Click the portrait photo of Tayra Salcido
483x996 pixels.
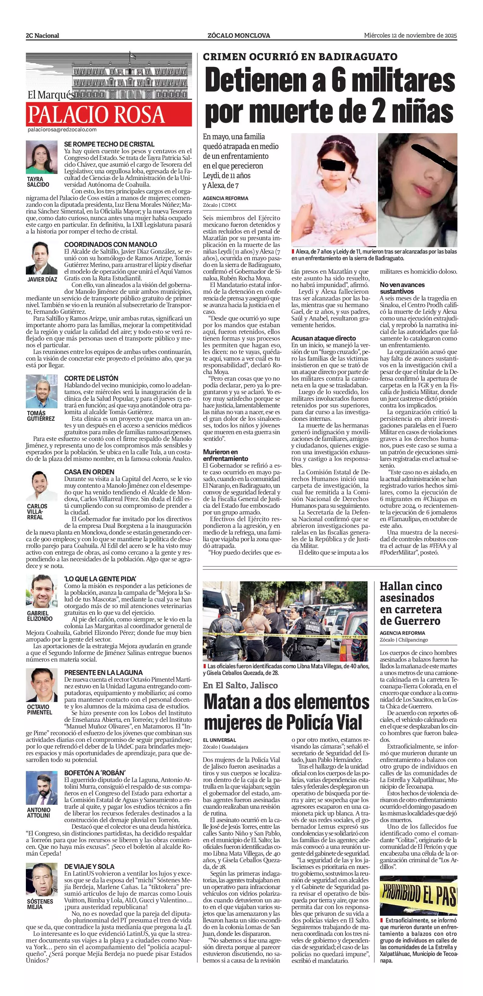point(41,157)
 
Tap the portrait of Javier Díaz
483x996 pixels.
point(41,258)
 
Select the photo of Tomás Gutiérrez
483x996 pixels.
point(41,391)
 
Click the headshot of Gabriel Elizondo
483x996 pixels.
point(41,592)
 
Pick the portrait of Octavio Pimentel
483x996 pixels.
point(41,685)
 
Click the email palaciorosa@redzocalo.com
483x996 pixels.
point(62,130)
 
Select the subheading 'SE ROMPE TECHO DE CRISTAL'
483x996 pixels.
point(109,144)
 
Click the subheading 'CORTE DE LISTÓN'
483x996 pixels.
point(91,378)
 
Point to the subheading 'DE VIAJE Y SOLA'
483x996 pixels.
point(89,866)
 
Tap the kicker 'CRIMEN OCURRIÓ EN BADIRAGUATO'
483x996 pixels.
point(300,57)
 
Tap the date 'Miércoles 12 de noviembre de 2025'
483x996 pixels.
point(410,36)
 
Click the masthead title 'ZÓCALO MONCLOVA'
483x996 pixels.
point(239,36)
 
